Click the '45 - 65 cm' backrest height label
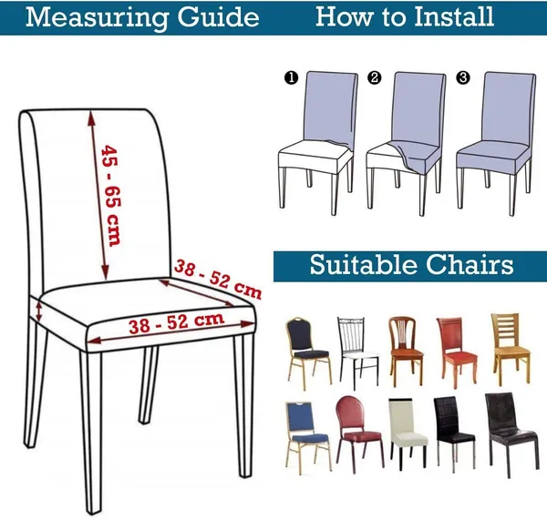(x=111, y=196)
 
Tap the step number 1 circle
(x=292, y=77)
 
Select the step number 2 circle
(x=375, y=77)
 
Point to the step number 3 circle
(x=463, y=77)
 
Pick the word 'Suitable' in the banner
(x=363, y=264)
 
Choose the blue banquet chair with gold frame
(x=307, y=438)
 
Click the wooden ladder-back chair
(x=511, y=349)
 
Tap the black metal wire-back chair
(x=358, y=353)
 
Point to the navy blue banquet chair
(x=308, y=353)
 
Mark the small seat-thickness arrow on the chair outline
(x=38, y=312)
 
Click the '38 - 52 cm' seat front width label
(x=176, y=323)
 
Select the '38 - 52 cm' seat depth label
(x=218, y=280)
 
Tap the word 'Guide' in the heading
(x=219, y=17)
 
